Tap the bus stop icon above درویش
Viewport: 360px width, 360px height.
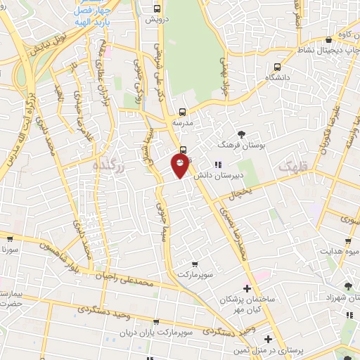157,10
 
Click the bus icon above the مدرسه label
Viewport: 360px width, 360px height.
182,111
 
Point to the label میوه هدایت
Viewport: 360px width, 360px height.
337,250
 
